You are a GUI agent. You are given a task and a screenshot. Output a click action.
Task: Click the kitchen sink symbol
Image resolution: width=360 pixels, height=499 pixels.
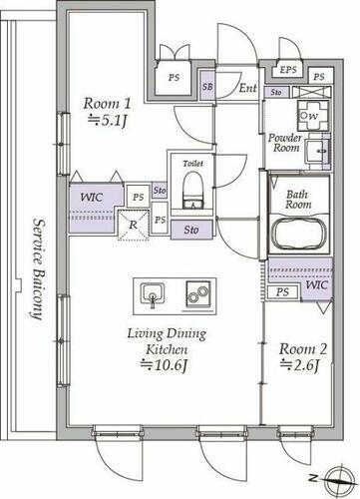152,293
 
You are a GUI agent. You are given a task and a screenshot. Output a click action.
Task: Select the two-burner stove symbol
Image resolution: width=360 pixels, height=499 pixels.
195,293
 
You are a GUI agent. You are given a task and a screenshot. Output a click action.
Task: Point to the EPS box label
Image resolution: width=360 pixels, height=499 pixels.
288,69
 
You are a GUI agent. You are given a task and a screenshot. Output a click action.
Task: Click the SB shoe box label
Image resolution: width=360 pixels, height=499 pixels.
207,88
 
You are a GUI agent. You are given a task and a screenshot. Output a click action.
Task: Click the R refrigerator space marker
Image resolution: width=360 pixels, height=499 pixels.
133,225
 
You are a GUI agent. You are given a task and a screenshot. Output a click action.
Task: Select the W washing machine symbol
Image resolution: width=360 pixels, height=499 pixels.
312,114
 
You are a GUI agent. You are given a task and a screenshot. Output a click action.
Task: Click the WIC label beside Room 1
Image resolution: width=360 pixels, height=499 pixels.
91,197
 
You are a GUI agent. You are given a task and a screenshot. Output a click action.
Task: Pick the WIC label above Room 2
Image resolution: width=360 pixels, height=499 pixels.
316,284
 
